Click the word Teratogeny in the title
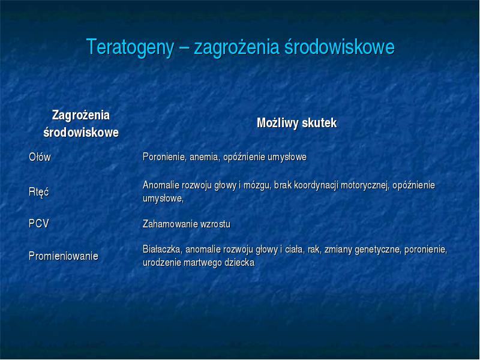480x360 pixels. point(130,48)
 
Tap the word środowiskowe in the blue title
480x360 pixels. point(340,47)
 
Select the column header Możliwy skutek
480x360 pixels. point(296,123)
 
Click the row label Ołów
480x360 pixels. point(40,157)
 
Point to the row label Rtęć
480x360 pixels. point(38,192)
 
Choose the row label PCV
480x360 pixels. point(39,223)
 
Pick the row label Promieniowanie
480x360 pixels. point(64,256)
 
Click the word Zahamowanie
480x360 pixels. point(170,224)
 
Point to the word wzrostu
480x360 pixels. point(215,224)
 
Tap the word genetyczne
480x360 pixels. point(378,250)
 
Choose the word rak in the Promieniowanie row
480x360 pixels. point(314,250)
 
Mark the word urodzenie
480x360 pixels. point(162,263)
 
